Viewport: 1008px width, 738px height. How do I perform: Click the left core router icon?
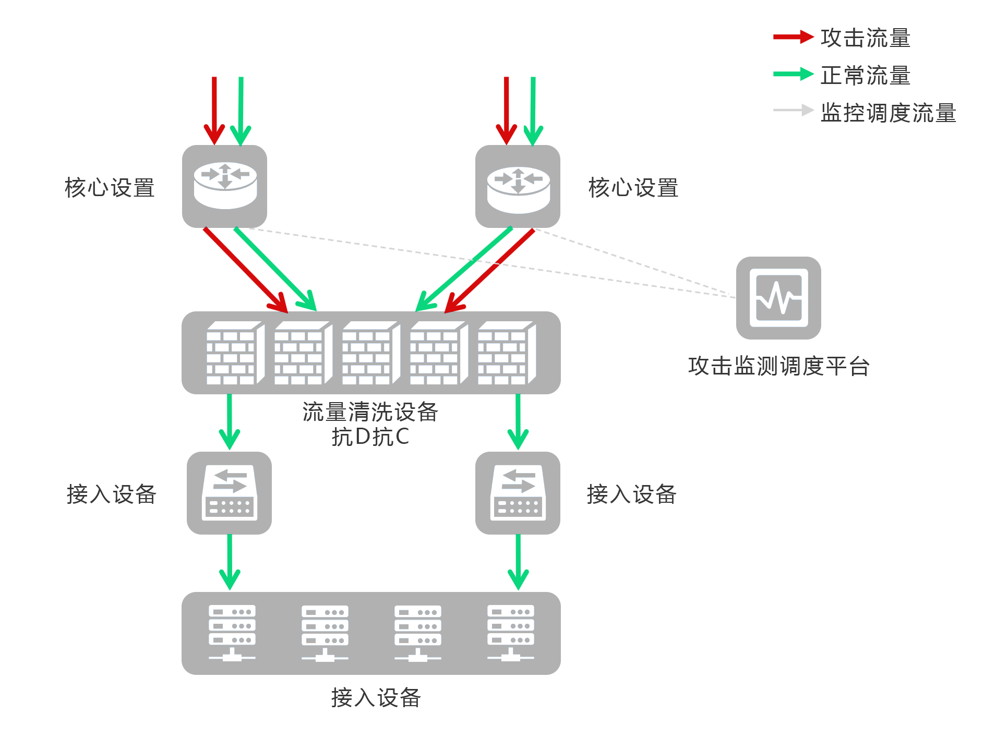[x=224, y=186]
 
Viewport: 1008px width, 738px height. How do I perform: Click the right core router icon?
[x=518, y=186]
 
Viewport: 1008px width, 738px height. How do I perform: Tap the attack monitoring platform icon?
[x=778, y=298]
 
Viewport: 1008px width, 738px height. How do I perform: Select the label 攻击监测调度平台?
[x=778, y=366]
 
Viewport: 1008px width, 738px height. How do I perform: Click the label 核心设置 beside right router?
[x=633, y=188]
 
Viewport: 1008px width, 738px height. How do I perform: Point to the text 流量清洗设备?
[x=370, y=412]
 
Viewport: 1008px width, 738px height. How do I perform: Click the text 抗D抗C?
[x=370, y=437]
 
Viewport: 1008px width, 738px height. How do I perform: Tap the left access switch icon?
[x=230, y=493]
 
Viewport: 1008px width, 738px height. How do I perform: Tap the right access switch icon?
[x=518, y=493]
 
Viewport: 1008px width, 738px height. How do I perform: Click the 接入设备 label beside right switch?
[x=631, y=494]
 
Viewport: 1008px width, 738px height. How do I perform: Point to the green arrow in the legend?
[x=793, y=74]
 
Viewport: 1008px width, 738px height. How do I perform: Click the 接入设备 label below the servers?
[x=376, y=697]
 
